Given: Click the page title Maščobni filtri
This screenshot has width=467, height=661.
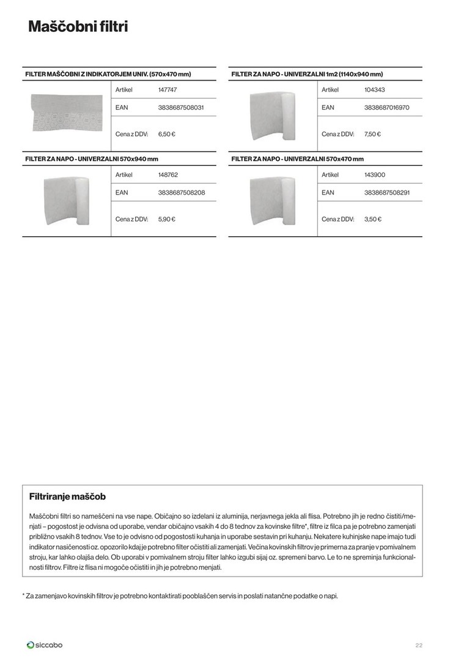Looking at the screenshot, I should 78,27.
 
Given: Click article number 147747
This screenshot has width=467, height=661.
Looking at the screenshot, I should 167,90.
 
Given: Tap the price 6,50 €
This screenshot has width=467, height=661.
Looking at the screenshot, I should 167,133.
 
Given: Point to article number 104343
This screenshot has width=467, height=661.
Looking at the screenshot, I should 374,90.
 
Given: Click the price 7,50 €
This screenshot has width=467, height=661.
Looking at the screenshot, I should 372,133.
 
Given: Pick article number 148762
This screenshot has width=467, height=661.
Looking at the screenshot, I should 168,175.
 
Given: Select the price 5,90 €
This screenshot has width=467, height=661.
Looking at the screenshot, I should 167,218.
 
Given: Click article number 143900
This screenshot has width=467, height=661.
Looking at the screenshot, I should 374,175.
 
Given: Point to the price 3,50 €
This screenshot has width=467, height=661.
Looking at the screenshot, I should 372,218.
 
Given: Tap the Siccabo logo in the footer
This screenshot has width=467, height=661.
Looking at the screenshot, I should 45,644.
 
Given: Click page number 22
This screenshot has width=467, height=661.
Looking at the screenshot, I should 419,645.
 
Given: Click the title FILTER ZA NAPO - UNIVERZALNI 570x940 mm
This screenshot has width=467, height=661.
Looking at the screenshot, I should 92,159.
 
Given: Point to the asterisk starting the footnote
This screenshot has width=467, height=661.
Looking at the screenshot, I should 23,595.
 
